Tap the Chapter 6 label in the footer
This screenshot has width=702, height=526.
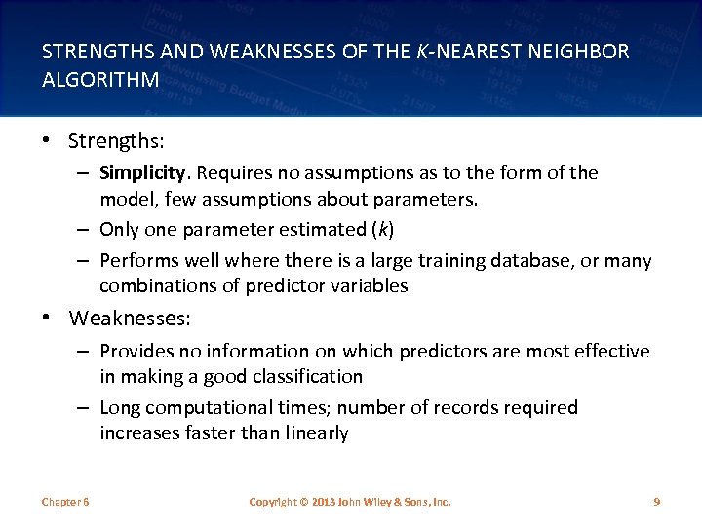[x=65, y=502]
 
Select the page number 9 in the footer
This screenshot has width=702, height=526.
[x=656, y=502]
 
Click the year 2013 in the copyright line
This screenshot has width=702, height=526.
[x=322, y=502]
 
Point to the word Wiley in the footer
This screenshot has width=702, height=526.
[x=380, y=502]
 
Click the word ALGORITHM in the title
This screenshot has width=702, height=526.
[x=100, y=80]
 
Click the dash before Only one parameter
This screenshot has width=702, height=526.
[x=86, y=230]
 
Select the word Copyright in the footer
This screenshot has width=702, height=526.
[x=274, y=502]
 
